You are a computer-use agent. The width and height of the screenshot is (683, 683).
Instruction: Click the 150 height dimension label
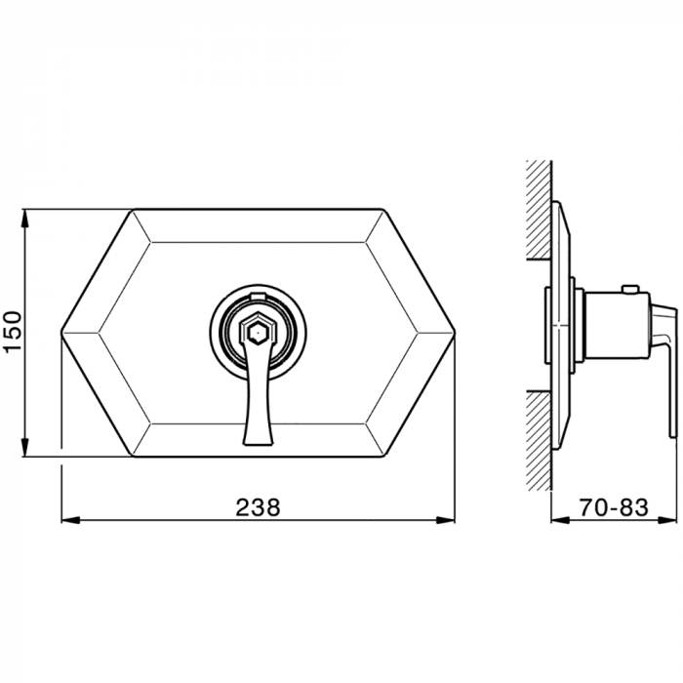[13, 331]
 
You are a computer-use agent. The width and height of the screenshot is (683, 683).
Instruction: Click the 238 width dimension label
[259, 507]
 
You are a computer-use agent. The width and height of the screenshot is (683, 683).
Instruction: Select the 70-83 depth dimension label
[614, 507]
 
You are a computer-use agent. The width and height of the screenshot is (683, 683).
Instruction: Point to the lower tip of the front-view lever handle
[258, 443]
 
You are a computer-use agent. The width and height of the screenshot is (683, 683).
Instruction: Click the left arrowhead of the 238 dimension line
[69, 520]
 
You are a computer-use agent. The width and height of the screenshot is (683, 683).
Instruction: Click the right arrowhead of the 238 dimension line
[446, 520]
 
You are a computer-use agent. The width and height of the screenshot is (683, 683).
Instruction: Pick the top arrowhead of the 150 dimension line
[26, 219]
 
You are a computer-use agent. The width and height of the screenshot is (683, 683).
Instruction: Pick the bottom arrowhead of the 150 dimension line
[26, 447]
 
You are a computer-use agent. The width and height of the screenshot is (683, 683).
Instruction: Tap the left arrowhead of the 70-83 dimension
[561, 520]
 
